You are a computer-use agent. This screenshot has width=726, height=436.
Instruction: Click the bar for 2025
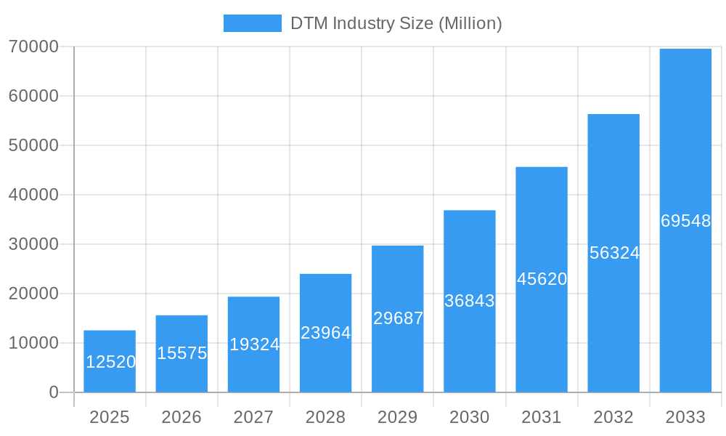click(110, 361)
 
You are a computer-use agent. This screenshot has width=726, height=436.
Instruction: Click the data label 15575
click(181, 353)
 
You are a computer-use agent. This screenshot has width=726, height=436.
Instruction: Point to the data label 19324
click(254, 344)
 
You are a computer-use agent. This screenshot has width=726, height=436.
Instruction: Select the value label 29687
click(398, 318)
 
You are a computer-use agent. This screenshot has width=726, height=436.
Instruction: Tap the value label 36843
click(469, 301)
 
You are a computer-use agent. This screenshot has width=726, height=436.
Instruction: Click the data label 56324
click(614, 253)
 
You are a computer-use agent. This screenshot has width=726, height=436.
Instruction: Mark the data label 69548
click(685, 221)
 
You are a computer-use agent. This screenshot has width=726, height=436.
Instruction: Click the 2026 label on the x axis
click(181, 417)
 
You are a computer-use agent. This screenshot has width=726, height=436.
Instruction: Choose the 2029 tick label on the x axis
click(398, 417)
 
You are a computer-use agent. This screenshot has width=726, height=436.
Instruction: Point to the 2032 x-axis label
click(613, 417)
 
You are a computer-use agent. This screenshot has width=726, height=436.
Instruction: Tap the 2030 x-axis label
click(470, 417)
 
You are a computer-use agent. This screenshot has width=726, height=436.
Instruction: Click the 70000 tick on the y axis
click(33, 47)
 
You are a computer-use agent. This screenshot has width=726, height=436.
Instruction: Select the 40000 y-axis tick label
click(33, 195)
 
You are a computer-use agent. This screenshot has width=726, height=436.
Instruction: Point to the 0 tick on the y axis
click(53, 392)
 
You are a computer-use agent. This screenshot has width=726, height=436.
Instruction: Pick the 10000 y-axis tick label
click(33, 343)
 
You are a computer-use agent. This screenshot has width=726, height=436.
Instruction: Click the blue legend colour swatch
click(252, 23)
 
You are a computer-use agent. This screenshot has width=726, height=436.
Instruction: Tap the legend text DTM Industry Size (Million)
click(396, 23)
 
